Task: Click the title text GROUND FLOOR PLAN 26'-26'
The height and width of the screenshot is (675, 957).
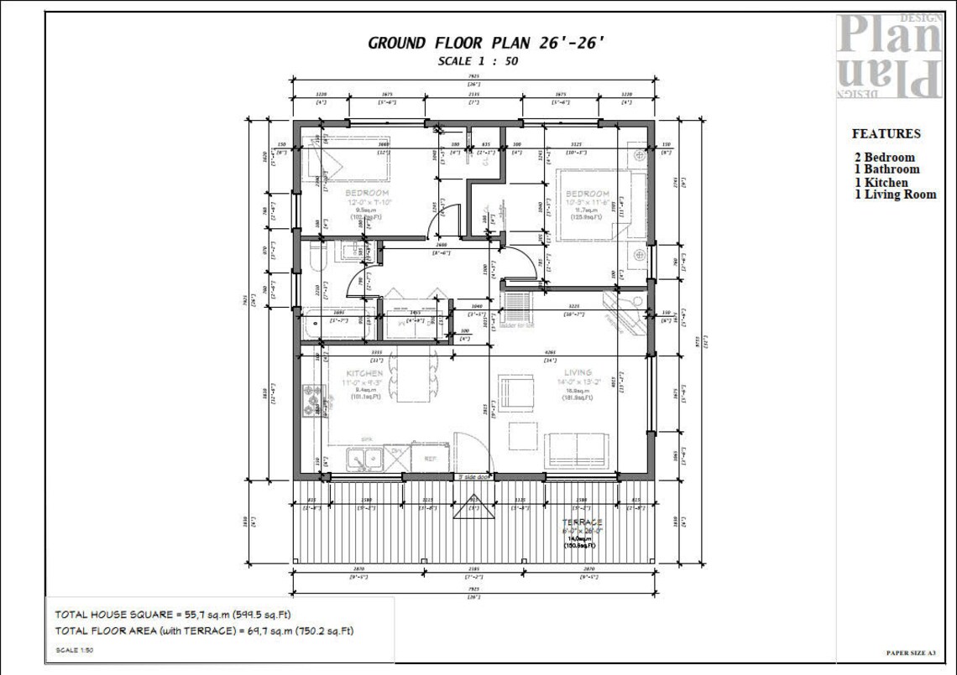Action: [486, 44]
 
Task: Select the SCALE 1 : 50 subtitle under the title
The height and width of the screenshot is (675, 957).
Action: [478, 61]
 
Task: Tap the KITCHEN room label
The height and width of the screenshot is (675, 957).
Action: [364, 372]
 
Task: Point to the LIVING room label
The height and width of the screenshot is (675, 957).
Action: [578, 372]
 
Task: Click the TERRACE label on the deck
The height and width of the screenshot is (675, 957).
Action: [582, 522]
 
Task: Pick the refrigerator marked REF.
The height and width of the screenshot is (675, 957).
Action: [430, 459]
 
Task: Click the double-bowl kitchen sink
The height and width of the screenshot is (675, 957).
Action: [365, 459]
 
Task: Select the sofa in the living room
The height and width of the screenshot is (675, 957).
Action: [577, 450]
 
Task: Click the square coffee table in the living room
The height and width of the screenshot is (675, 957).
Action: [523, 435]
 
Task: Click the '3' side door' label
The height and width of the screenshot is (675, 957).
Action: [473, 477]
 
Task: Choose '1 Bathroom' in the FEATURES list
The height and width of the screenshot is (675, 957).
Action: [886, 169]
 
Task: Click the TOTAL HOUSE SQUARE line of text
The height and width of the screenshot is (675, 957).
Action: [173, 615]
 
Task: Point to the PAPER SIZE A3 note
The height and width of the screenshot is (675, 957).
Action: [910, 652]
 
